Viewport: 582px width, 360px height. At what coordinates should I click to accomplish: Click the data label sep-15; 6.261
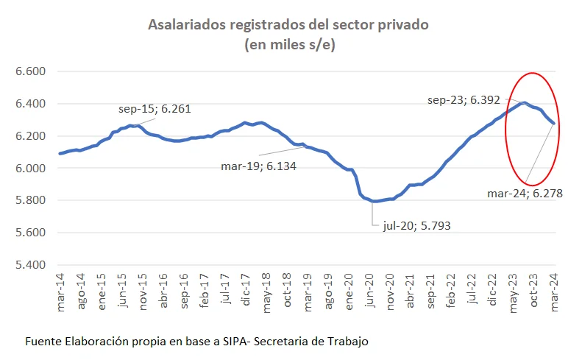[x=155, y=110]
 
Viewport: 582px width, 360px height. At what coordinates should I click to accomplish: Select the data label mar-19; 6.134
[x=258, y=166]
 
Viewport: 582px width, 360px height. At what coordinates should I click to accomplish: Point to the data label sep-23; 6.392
[x=462, y=99]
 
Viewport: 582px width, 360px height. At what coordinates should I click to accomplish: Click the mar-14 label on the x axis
[x=60, y=289]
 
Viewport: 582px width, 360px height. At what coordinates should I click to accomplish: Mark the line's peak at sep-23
[x=523, y=103]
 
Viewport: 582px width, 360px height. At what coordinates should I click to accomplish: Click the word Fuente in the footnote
[x=43, y=342]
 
